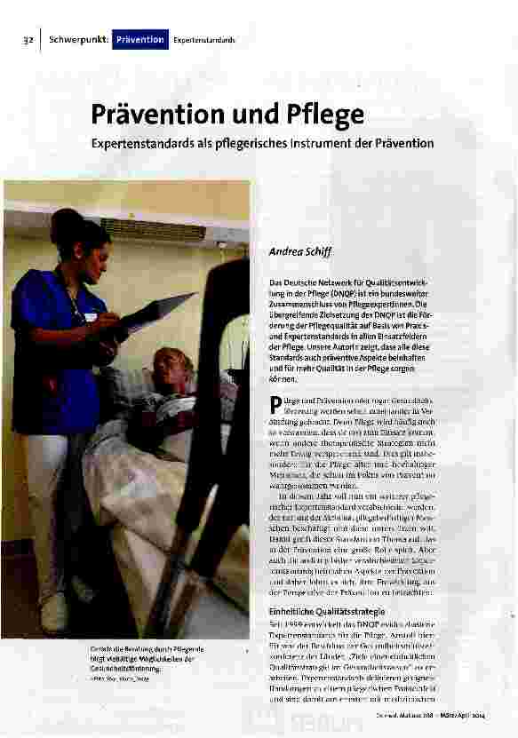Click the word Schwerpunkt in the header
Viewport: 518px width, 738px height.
[78, 40]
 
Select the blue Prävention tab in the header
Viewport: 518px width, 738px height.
[140, 40]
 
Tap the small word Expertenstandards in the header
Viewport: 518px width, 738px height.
[204, 41]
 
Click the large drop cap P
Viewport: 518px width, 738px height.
[274, 409]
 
